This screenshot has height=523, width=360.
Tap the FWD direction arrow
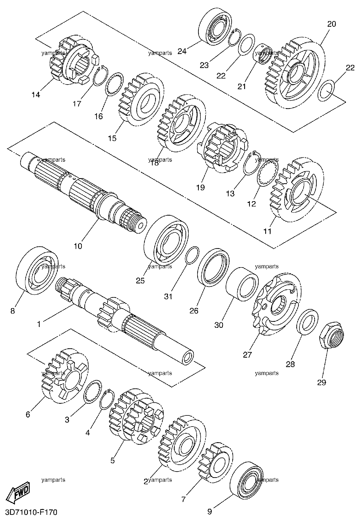[x=18, y=492]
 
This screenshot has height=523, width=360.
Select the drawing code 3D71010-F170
[x=29, y=512]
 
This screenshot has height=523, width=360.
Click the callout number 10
[x=78, y=246]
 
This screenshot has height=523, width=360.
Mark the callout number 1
[x=39, y=324]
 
